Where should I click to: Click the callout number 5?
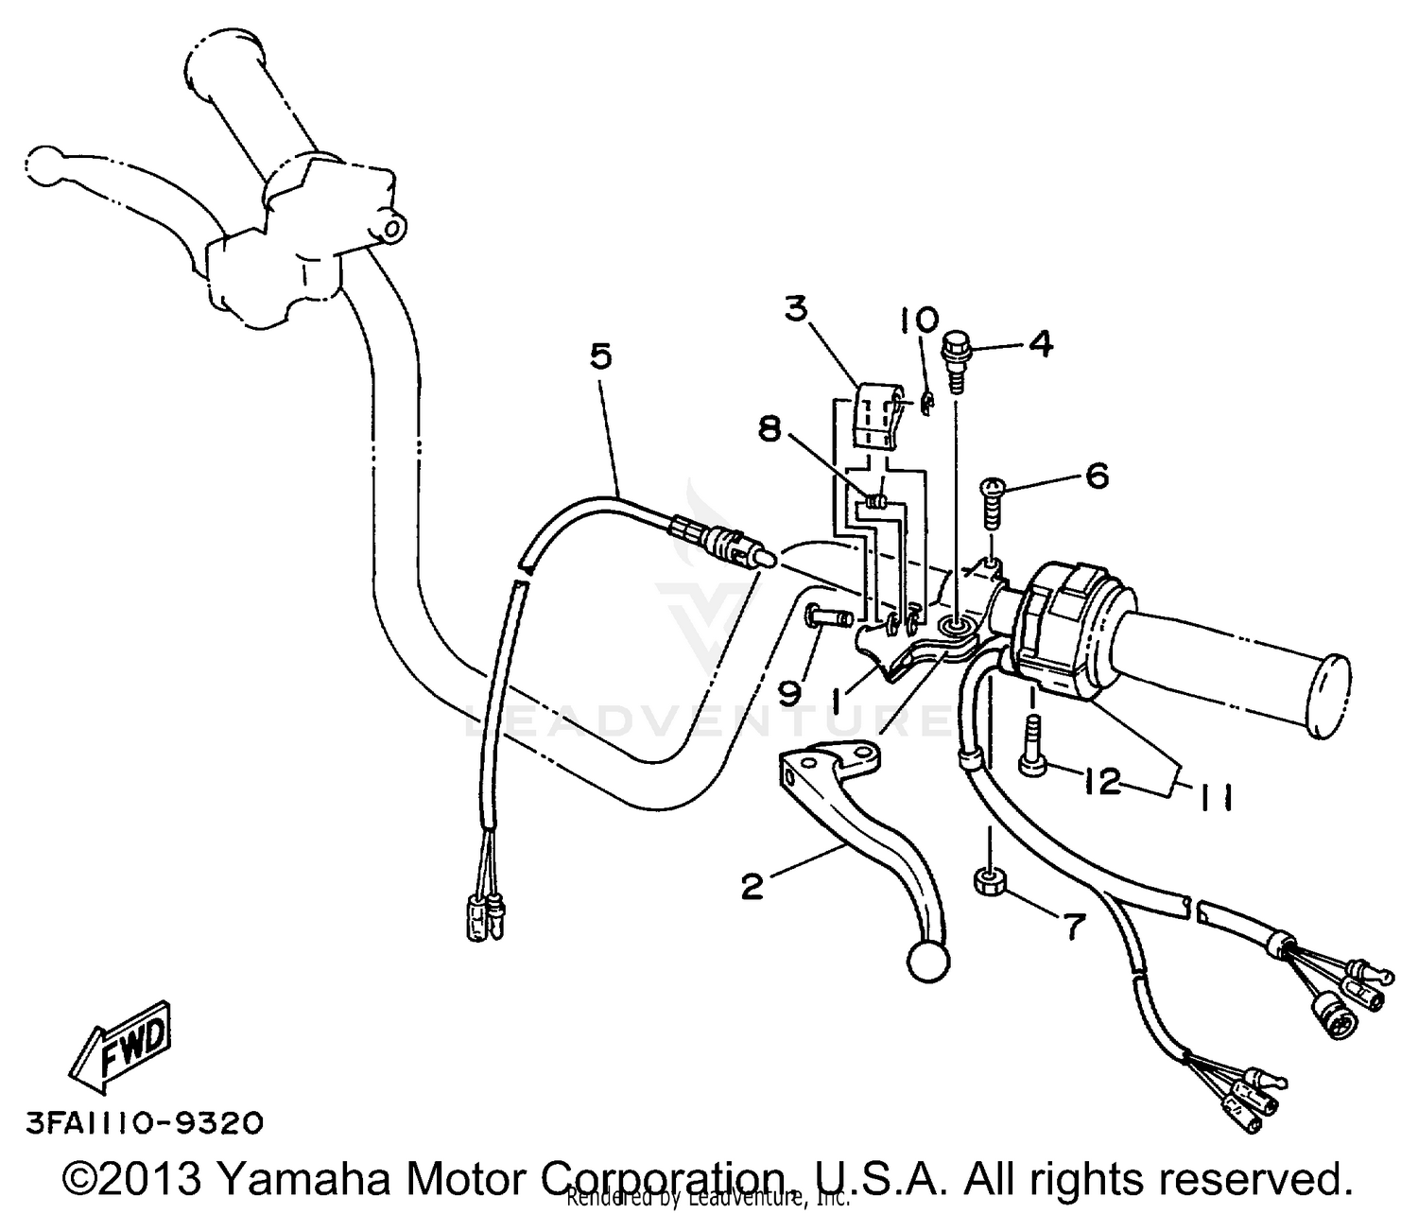coord(601,356)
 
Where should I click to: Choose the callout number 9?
coord(789,694)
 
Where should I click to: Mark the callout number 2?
coord(752,887)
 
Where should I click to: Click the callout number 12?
coord(1101,782)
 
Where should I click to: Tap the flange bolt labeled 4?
coord(957,358)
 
